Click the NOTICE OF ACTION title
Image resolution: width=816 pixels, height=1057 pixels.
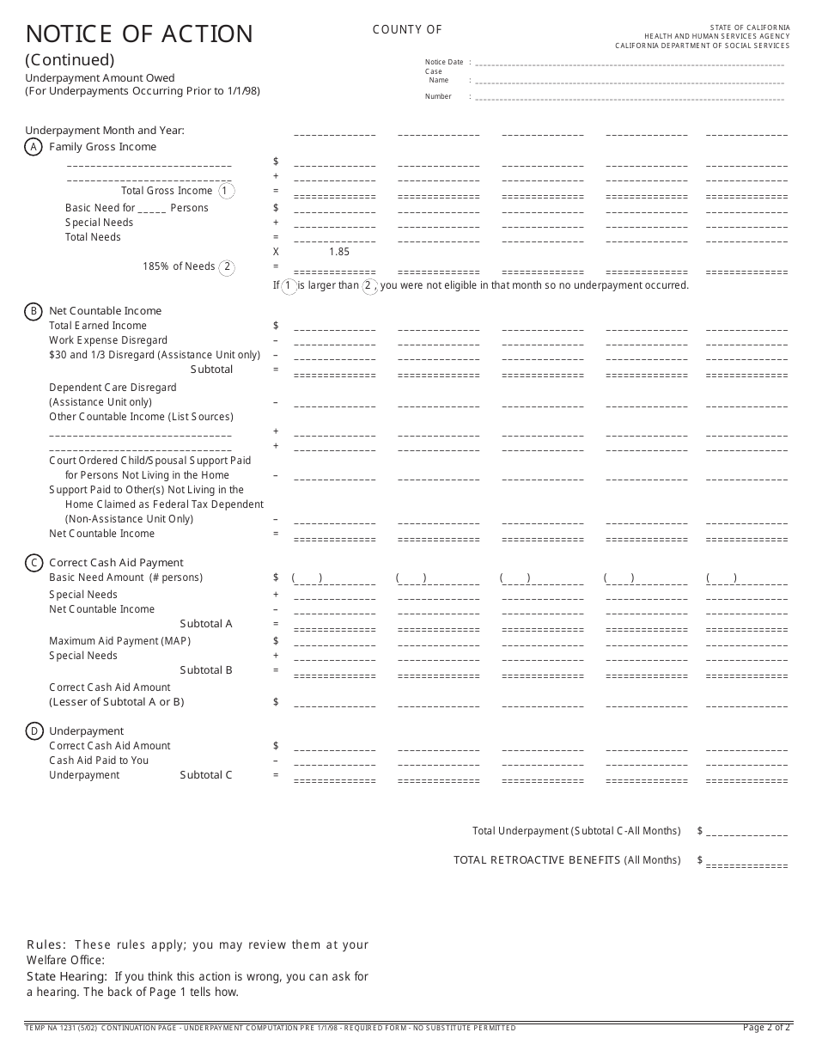[139, 34]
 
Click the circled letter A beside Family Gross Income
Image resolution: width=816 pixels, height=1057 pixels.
[33, 147]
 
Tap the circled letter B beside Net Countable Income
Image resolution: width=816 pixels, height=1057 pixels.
[33, 311]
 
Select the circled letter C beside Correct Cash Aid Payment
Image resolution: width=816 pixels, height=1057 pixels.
[33, 563]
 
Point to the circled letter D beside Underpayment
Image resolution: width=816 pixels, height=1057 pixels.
[33, 731]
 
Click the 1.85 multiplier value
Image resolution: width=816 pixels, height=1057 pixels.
[338, 252]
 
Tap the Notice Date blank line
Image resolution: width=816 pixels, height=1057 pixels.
[630, 64]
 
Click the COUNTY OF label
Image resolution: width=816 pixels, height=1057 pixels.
[407, 30]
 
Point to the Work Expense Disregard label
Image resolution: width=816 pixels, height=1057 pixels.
[108, 340]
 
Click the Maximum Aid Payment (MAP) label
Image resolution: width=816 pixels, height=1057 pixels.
[119, 641]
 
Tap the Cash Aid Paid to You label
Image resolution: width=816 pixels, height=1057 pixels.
[99, 761]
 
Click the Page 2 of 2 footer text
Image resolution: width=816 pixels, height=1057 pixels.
[765, 1028]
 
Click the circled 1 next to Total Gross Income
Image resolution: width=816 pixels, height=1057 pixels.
[225, 191]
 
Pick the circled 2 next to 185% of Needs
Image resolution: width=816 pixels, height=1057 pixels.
[227, 267]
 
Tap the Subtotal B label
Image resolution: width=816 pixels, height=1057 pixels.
[206, 670]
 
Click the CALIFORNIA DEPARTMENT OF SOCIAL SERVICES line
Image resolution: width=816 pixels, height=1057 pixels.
[702, 46]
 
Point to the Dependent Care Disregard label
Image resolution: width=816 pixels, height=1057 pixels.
[113, 388]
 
